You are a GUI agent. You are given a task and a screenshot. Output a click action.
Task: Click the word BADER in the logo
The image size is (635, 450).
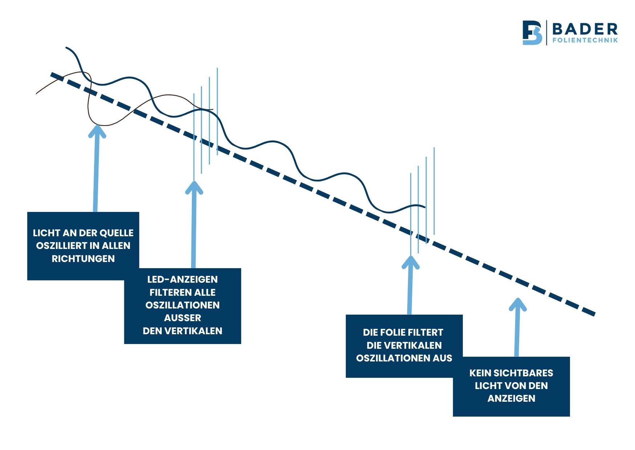pos(585,29)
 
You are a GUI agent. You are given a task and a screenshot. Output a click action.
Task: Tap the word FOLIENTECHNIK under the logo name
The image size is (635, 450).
pos(585,40)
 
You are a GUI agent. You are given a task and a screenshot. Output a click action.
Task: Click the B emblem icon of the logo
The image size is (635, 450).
pos(532,33)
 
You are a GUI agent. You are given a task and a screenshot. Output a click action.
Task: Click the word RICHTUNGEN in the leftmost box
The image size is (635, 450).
pos(83,259)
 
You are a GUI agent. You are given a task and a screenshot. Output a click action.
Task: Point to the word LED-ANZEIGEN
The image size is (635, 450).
pos(182,279)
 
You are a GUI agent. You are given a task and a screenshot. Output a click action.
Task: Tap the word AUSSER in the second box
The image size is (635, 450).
pos(182,318)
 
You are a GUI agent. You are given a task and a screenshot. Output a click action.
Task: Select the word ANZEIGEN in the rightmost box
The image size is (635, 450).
pos(511,398)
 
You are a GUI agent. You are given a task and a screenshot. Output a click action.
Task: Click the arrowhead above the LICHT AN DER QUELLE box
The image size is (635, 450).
pos(97,131)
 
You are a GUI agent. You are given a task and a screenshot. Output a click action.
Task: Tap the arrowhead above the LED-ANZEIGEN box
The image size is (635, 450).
pos(194,187)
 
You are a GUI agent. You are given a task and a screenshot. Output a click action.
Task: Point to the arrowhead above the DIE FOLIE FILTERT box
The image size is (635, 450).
pos(410,263)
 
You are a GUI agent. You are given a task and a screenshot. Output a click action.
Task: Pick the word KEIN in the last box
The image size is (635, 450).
pos(480,373)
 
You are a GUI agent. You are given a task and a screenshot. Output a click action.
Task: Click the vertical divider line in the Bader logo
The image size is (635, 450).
pos(547,33)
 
